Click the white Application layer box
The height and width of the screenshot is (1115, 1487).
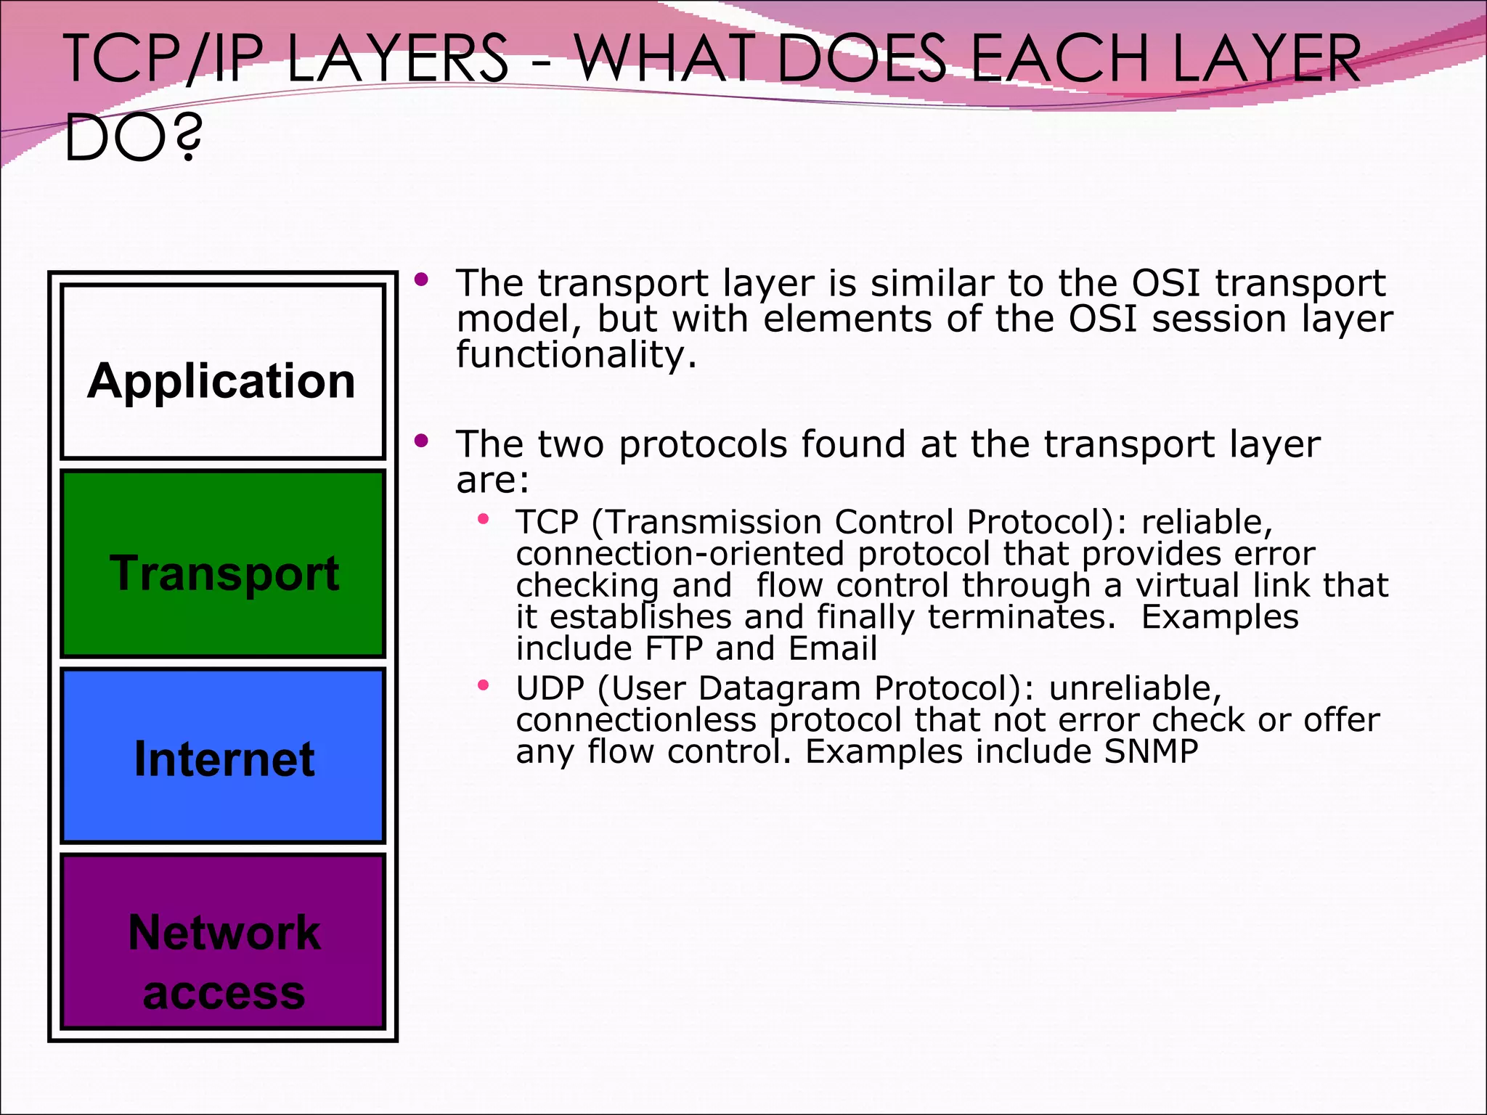[x=222, y=372]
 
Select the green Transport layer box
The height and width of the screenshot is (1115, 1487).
[x=222, y=564]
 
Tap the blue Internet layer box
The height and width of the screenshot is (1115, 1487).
[x=222, y=756]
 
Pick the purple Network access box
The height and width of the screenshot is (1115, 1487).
[x=222, y=942]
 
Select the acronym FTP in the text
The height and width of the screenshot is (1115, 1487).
[x=675, y=648]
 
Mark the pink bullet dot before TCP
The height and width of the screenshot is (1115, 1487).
[x=484, y=519]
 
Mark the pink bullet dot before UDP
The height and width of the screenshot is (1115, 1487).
[x=484, y=685]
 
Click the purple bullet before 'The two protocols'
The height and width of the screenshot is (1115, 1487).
[x=422, y=441]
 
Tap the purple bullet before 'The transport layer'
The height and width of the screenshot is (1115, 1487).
[x=422, y=279]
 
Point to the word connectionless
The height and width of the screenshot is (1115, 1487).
[x=636, y=719]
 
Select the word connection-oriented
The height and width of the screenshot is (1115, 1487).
[x=680, y=553]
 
